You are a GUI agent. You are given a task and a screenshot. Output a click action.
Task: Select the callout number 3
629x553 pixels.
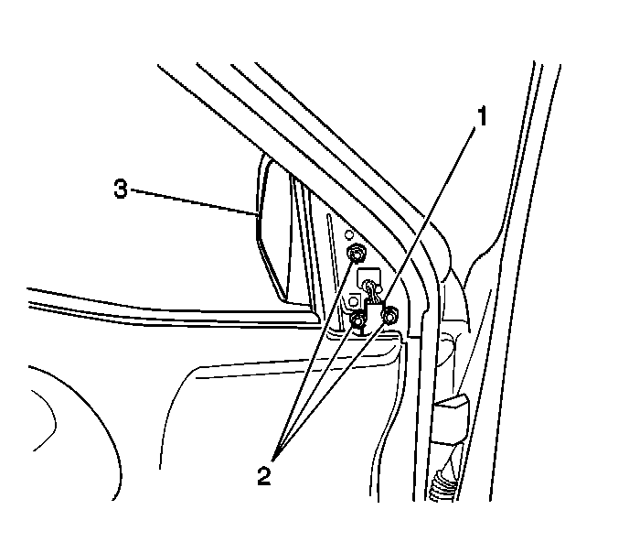[x=120, y=190]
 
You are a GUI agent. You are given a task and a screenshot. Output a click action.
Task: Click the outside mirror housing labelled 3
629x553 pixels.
[x=274, y=229]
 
